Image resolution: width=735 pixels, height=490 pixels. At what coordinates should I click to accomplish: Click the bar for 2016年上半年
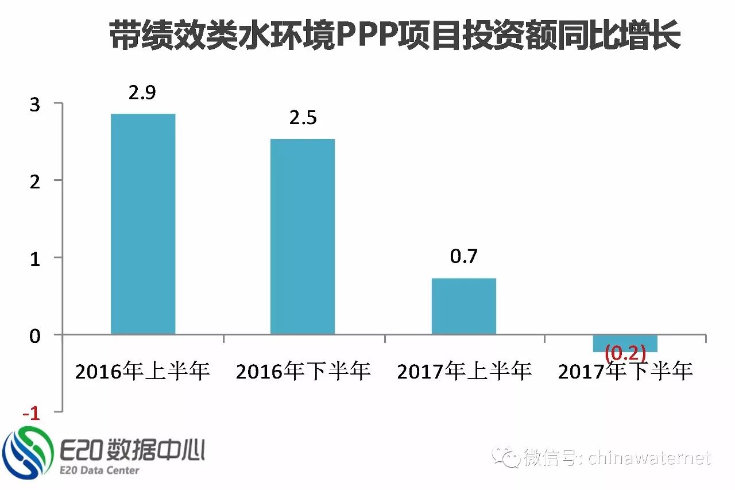[143, 224]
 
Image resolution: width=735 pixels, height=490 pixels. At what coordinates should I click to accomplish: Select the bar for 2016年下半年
[303, 237]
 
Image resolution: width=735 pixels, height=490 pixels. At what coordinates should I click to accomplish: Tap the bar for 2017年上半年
[463, 306]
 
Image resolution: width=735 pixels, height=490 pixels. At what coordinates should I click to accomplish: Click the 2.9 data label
[142, 92]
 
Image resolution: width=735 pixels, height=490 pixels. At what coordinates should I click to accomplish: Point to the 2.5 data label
[303, 118]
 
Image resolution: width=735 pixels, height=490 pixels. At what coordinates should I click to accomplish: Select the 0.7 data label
[463, 256]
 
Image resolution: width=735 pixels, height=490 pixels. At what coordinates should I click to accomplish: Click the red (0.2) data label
[625, 352]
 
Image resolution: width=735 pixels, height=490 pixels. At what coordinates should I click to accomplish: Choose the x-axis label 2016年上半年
[143, 372]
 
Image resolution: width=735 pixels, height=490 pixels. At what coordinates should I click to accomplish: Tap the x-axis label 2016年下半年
[303, 372]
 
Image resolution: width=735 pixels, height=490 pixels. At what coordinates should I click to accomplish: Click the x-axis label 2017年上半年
[464, 372]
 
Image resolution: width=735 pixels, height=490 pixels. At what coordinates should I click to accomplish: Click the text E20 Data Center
[99, 470]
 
